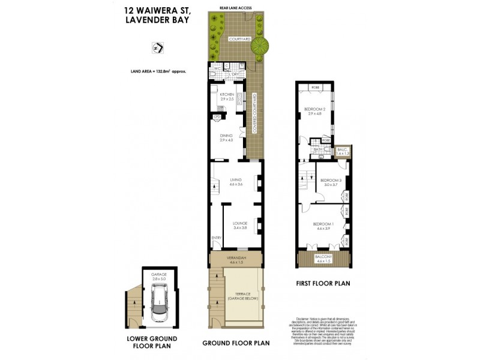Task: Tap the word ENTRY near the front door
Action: [x=216, y=238]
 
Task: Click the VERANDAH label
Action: [x=236, y=258]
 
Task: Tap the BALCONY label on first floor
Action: [x=323, y=258]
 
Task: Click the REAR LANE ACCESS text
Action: [x=236, y=8]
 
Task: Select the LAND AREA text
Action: [x=158, y=71]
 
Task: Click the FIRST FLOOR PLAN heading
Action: [x=323, y=283]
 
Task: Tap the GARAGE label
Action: [x=158, y=275]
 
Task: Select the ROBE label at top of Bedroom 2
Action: [x=315, y=88]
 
